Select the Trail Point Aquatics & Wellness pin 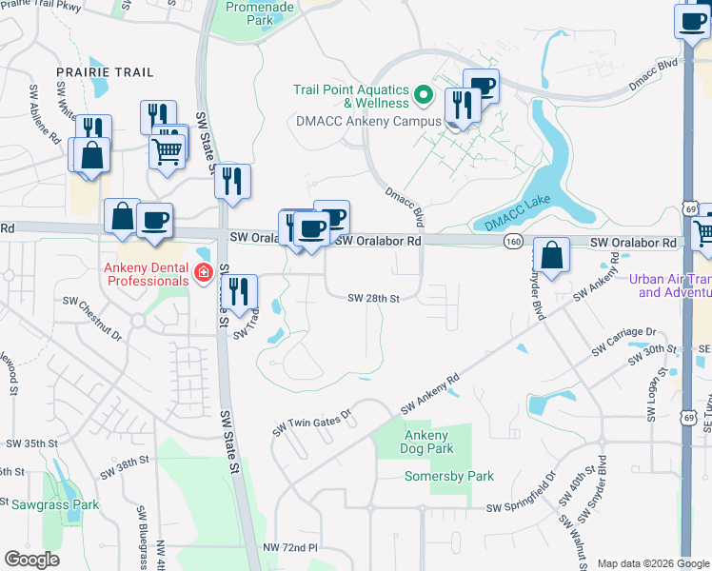pos(425,96)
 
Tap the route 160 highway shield pos(513,243)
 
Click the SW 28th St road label pos(372,298)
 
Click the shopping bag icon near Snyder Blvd pos(552,254)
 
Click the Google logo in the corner pos(31,560)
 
